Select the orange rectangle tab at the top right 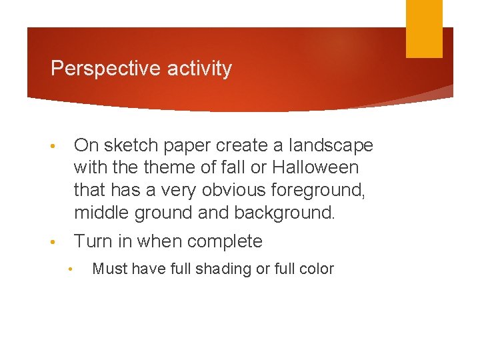(x=424, y=29)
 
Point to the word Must (x=107, y=269)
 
